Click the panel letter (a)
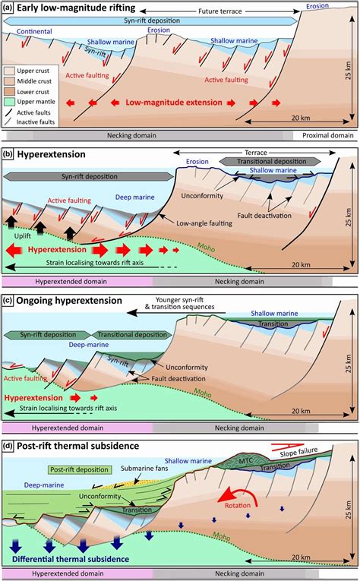9,8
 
